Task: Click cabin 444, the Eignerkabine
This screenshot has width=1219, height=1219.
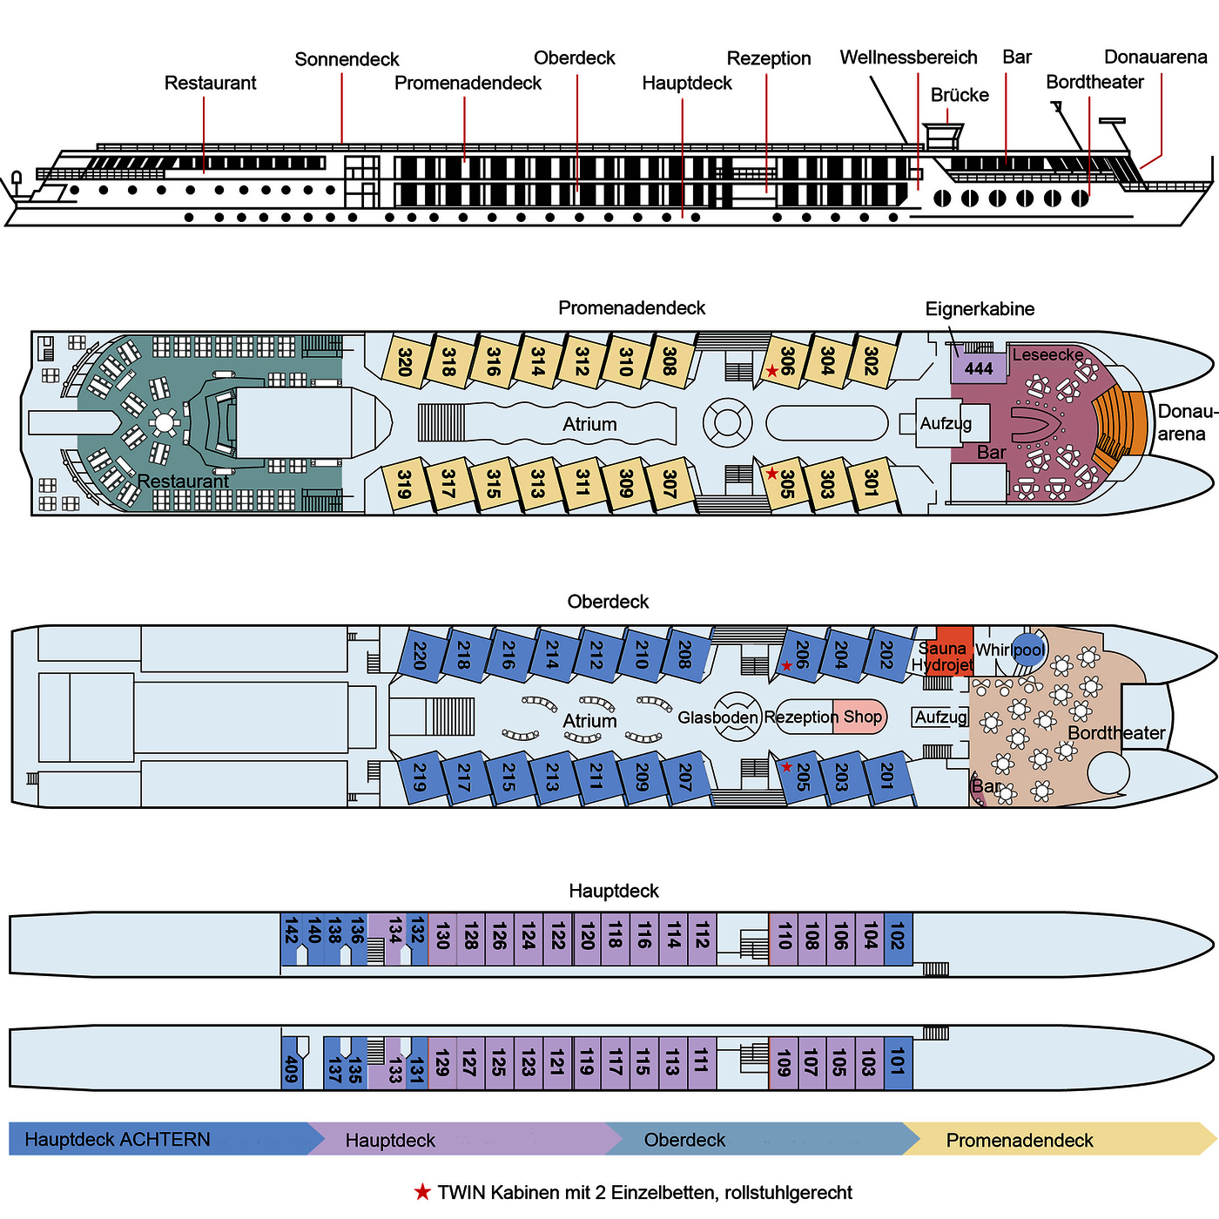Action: pos(978,368)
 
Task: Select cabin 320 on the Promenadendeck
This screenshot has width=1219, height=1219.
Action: pos(404,360)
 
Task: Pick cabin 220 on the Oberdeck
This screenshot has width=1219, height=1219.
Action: pos(419,655)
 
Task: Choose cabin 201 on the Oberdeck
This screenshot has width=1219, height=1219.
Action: pos(886,775)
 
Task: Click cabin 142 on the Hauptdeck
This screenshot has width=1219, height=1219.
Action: pos(291,932)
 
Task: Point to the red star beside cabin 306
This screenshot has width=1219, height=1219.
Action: pos(771,371)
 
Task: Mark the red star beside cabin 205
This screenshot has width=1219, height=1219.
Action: pos(786,767)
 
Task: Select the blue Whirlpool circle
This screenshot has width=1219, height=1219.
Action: pos(1028,650)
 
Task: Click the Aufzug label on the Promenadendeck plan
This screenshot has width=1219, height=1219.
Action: pos(945,423)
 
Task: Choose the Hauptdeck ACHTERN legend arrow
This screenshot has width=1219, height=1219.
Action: pos(157,1140)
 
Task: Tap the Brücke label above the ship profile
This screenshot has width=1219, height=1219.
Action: pos(960,95)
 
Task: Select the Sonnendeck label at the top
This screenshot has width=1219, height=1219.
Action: pos(347,59)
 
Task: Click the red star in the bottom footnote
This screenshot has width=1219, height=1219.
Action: pos(422,1192)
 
